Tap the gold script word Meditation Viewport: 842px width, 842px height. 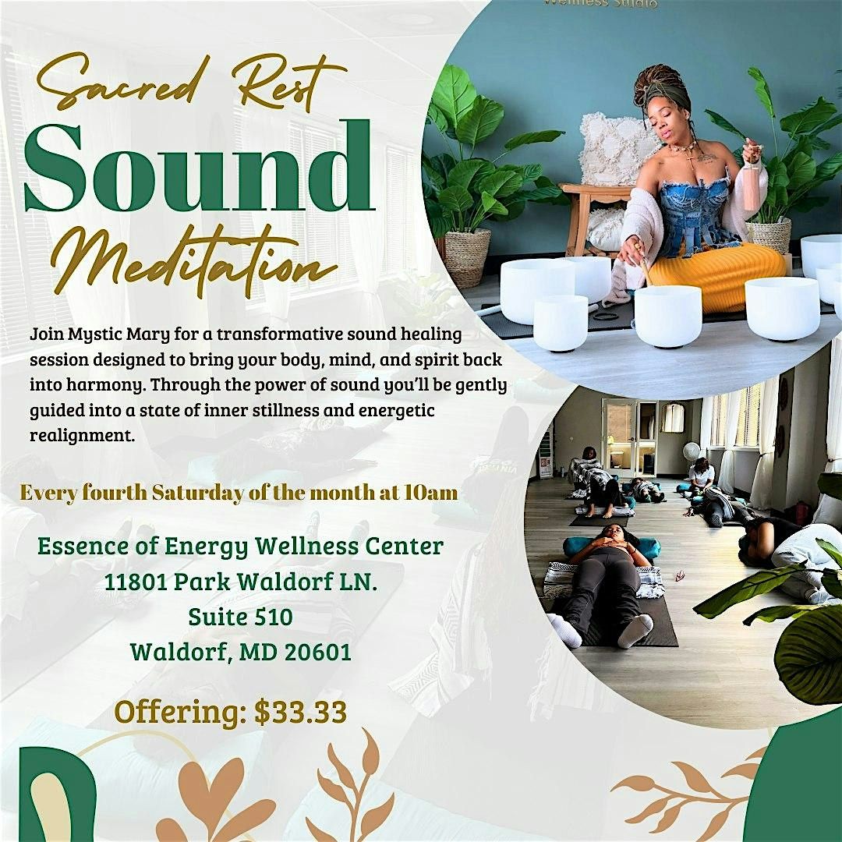(x=194, y=258)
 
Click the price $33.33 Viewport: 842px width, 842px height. (x=300, y=712)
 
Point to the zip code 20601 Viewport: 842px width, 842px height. (x=318, y=652)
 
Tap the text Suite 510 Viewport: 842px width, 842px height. (x=241, y=617)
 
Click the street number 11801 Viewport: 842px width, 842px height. (x=136, y=582)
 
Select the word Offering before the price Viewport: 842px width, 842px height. (x=180, y=713)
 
